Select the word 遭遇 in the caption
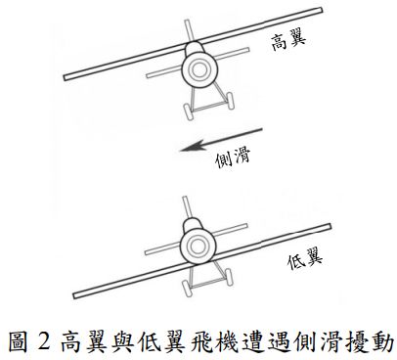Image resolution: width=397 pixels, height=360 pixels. (276, 340)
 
